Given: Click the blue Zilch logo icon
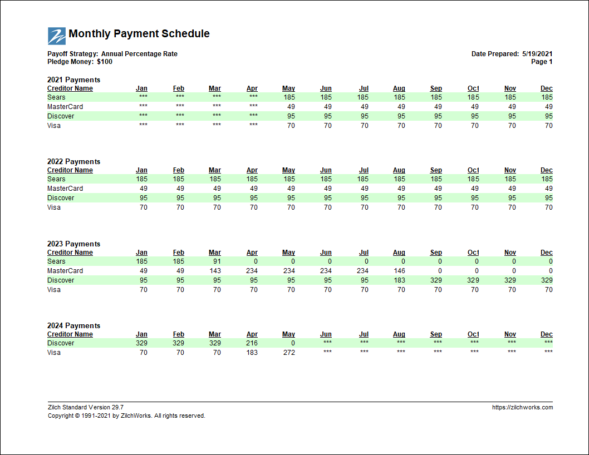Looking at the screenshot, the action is coord(57,36).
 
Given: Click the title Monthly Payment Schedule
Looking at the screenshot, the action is coord(139,33).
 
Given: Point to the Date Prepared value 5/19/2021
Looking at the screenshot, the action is coord(537,54).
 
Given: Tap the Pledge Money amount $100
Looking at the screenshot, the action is coord(105,62).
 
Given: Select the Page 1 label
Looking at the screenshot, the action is coord(542,62).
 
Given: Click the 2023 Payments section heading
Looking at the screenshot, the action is coord(73,244).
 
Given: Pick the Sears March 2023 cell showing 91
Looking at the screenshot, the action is coord(217,261).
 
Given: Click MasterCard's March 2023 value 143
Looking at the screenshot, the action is coord(215,271).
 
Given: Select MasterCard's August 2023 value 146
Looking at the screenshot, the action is coord(399,271).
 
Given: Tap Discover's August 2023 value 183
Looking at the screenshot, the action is coord(399,280).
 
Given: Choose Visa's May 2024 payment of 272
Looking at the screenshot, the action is coord(289,353).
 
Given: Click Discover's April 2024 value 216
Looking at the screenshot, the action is coord(252,343).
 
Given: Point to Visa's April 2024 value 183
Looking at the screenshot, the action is coord(252,353).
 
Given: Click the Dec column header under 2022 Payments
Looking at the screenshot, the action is coord(547,170).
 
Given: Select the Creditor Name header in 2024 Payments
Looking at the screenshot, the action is coord(70,334).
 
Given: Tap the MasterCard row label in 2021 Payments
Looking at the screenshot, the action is coord(65,107).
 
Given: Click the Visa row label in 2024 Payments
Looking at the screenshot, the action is coord(53,353).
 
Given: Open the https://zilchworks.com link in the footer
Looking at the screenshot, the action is coord(523,407).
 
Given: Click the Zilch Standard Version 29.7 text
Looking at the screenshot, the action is coord(86,407).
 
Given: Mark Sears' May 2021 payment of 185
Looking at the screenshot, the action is coord(289,97).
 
